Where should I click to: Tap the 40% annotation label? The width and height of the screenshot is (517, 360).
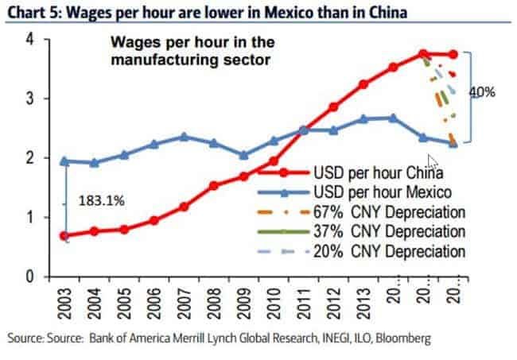click(482, 92)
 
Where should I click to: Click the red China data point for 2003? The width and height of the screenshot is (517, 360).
click(63, 236)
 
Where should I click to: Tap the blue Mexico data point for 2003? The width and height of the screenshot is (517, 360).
click(63, 161)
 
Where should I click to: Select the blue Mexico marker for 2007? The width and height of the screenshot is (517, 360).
click(184, 137)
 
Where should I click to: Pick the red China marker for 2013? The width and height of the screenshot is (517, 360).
click(363, 84)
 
